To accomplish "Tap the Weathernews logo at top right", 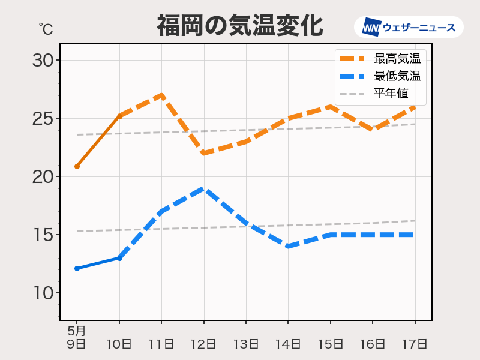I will tap(409, 27).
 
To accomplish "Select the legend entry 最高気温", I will tap(397, 59).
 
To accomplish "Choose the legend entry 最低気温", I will tap(397, 76).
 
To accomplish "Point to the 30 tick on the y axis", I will tap(43, 60).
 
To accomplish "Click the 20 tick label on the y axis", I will tap(43, 176).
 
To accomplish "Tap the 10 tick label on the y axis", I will tap(43, 293).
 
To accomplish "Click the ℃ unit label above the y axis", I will tap(46, 28).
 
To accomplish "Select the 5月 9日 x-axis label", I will tap(77, 338).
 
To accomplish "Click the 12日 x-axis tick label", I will tap(203, 344).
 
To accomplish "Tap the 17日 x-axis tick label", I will tap(415, 344).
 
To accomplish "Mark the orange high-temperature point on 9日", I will tap(77, 166).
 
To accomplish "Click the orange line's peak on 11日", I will tap(161, 95).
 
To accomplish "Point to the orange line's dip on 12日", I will tap(203, 153).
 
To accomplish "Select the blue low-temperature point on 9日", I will tap(77, 268).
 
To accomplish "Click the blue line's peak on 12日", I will tap(203, 188).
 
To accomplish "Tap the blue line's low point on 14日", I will tap(288, 246).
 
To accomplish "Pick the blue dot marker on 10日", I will tap(119, 258).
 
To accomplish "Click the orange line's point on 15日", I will tap(330, 107).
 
